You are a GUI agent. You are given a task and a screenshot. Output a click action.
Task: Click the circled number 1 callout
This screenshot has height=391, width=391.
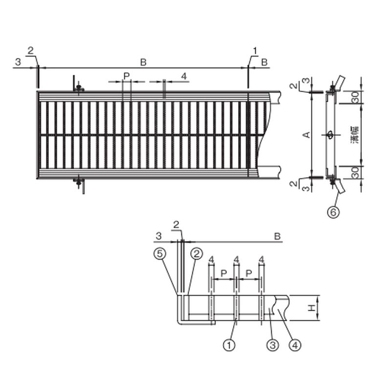pos(229,345)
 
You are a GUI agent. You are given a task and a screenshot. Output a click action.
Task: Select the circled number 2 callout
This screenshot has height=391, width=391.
pos(196,254)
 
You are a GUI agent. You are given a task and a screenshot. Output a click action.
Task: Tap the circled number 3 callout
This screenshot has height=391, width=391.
pos(273,345)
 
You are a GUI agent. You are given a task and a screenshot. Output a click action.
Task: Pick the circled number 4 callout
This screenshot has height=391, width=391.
pos(295,345)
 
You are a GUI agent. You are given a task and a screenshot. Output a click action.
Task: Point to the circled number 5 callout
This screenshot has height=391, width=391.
pos(160,254)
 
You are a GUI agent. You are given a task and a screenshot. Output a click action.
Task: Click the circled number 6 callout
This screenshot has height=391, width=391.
pos(333,212)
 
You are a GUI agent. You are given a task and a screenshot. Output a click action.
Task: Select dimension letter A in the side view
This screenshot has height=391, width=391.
pos(307,135)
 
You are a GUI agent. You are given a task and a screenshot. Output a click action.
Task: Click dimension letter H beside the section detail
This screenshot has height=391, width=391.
pos(311,308)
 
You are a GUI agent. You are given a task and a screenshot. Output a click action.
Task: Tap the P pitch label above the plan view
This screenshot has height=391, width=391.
pos(127,76)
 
